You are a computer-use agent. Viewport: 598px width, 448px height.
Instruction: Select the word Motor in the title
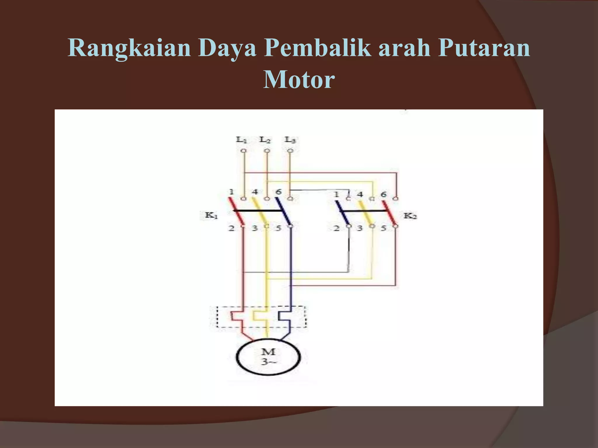click(x=299, y=79)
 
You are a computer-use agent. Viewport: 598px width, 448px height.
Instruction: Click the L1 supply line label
click(x=241, y=140)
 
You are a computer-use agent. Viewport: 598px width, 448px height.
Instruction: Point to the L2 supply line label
click(x=265, y=140)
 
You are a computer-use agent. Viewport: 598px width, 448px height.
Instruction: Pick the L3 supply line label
click(x=290, y=140)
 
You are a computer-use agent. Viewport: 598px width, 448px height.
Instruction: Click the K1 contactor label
click(x=211, y=216)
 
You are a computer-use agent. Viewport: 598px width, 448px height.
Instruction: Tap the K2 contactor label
click(x=410, y=216)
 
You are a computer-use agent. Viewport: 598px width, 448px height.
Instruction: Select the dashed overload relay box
click(x=262, y=317)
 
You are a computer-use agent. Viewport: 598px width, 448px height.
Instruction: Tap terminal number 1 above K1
click(x=231, y=192)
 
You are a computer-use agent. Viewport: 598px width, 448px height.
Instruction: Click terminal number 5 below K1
click(x=279, y=228)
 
